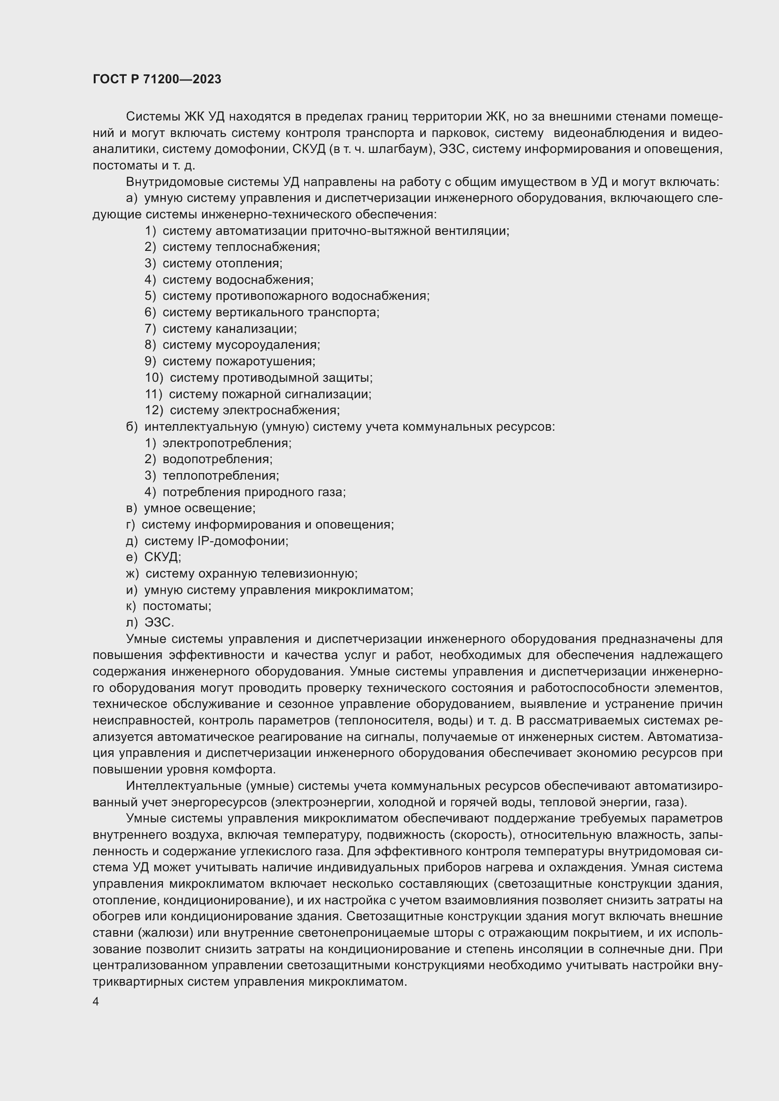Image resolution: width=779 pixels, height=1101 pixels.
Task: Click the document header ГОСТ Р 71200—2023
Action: pyautogui.click(x=157, y=80)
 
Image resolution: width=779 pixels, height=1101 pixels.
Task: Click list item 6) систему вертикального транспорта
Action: pyautogui.click(x=262, y=313)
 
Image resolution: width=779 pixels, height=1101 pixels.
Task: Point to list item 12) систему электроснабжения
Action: pyautogui.click(x=242, y=410)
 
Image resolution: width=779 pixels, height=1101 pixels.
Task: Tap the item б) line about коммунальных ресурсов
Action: pyautogui.click(x=340, y=427)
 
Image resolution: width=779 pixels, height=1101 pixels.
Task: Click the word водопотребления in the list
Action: pyautogui.click(x=217, y=459)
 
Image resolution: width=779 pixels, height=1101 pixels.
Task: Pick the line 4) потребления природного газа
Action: pyautogui.click(x=245, y=492)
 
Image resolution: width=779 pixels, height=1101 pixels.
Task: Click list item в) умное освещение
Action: pyautogui.click(x=190, y=508)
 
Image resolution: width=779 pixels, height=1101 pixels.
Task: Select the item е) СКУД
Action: pyautogui.click(x=154, y=557)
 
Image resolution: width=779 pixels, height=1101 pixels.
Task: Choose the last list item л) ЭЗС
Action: pyautogui.click(x=150, y=622)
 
